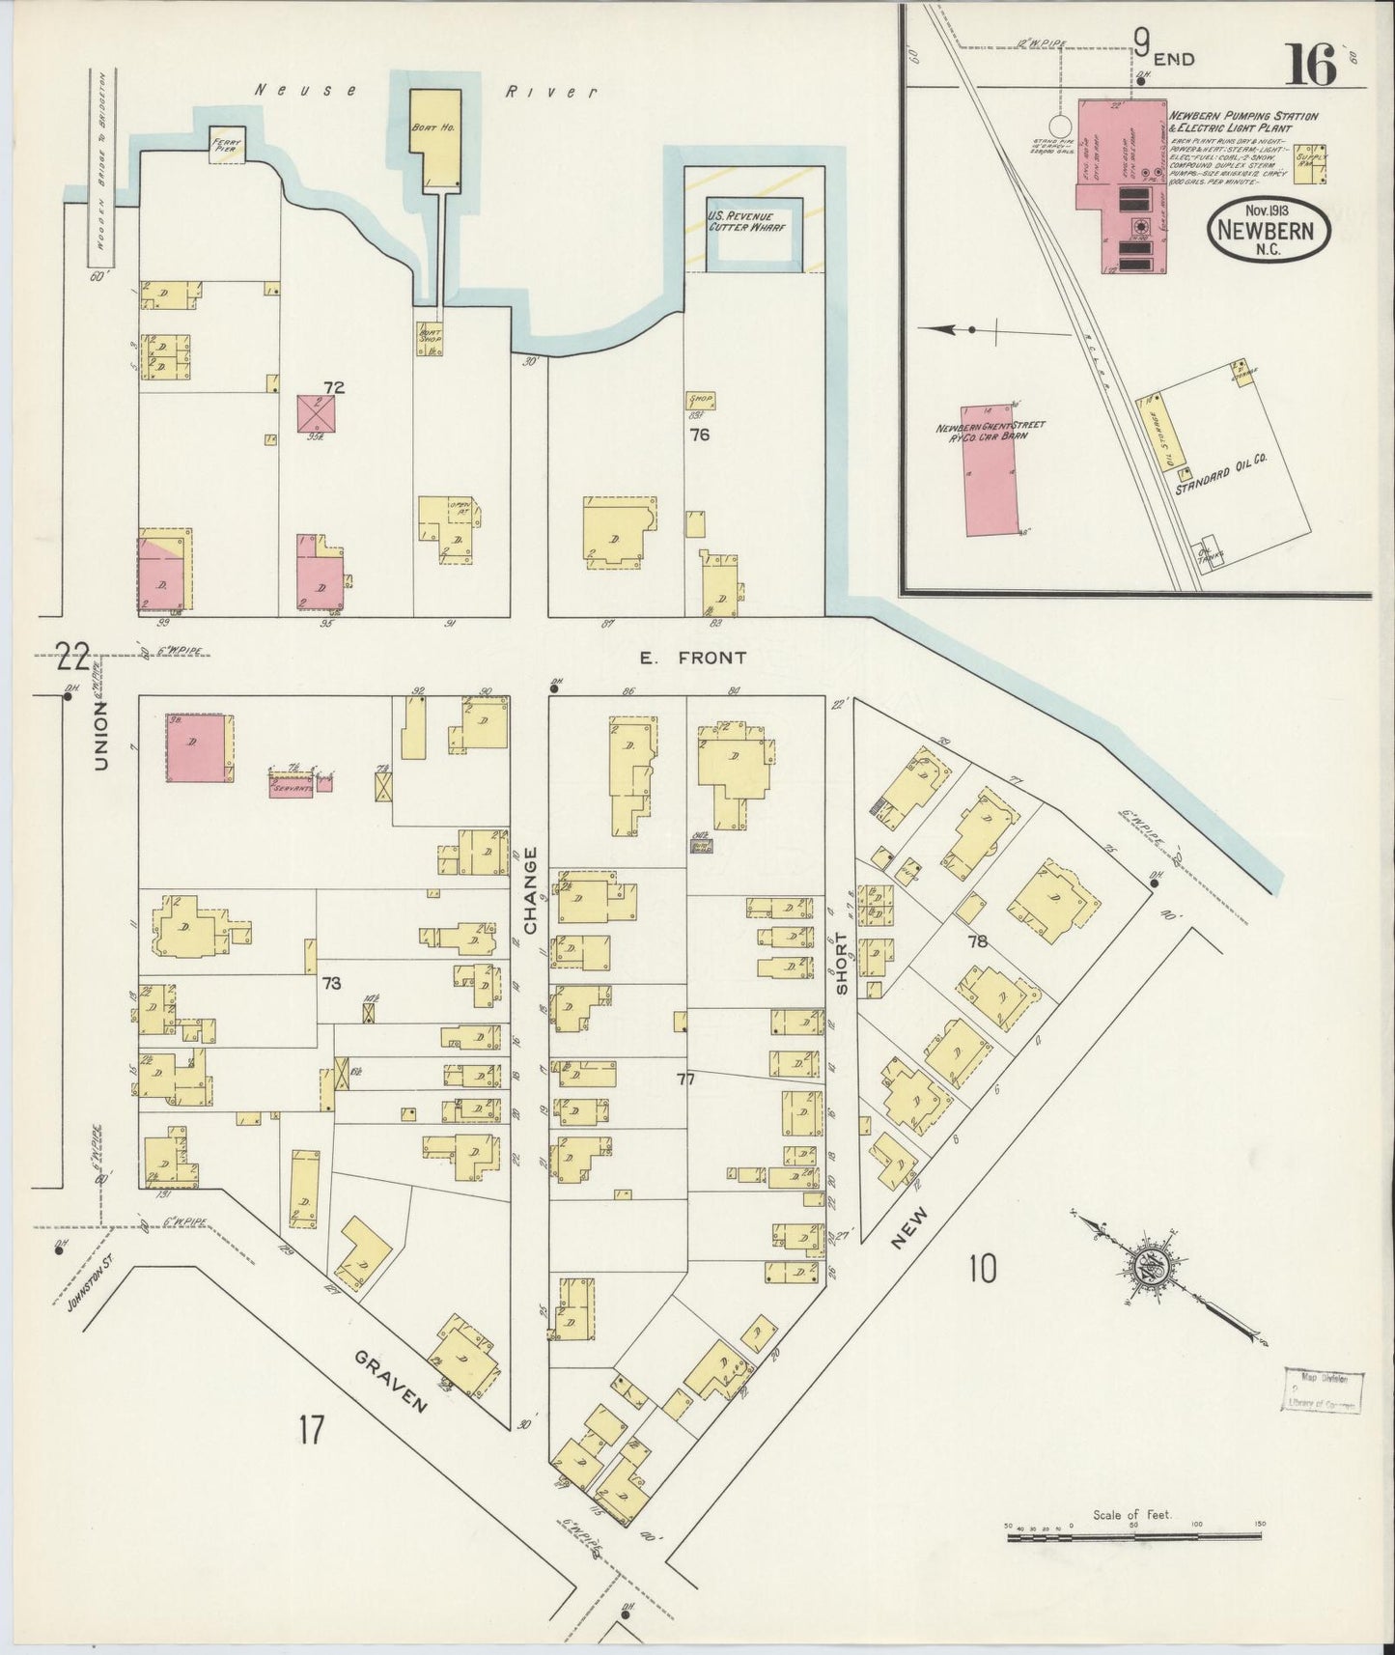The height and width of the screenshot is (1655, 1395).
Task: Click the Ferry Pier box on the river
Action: [x=228, y=145]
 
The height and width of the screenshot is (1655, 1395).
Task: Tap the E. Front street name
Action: [x=693, y=658]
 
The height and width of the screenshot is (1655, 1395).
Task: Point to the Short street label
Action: [x=842, y=962]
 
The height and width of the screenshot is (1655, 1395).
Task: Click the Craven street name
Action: [x=390, y=1382]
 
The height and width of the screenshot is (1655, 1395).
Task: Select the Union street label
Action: [x=100, y=736]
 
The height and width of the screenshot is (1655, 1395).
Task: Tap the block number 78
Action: [x=978, y=940]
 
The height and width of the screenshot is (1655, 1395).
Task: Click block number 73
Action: [x=331, y=984]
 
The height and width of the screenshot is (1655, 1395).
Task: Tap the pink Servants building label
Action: [x=291, y=787]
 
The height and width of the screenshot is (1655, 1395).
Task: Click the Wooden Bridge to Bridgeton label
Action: [x=100, y=166]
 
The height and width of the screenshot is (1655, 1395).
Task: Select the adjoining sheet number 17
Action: [x=310, y=1429]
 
